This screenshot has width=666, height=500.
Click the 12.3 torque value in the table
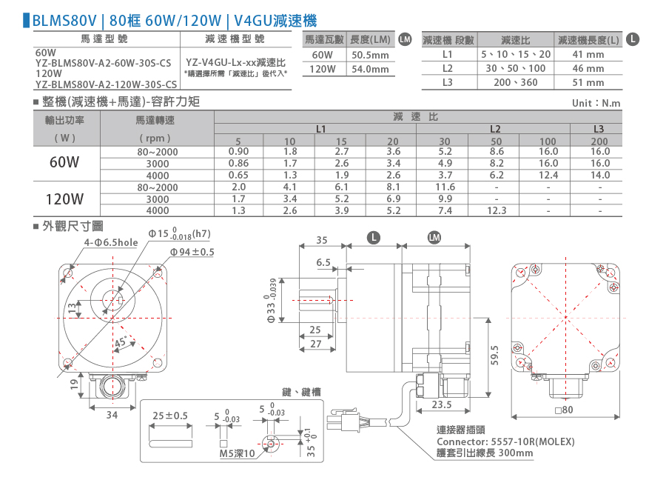click(x=497, y=210)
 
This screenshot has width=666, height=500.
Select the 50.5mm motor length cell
click(x=370, y=56)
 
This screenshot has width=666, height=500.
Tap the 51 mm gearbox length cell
click(x=588, y=82)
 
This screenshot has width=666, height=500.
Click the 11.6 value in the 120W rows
click(x=445, y=187)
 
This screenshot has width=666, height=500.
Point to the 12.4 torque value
click(x=548, y=175)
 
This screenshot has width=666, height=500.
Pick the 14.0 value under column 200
click(x=599, y=175)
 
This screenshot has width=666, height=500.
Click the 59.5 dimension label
click(x=495, y=355)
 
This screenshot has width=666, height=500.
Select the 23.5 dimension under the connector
click(x=442, y=404)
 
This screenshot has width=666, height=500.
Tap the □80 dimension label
click(x=564, y=410)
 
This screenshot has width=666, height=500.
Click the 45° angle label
click(x=121, y=342)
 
